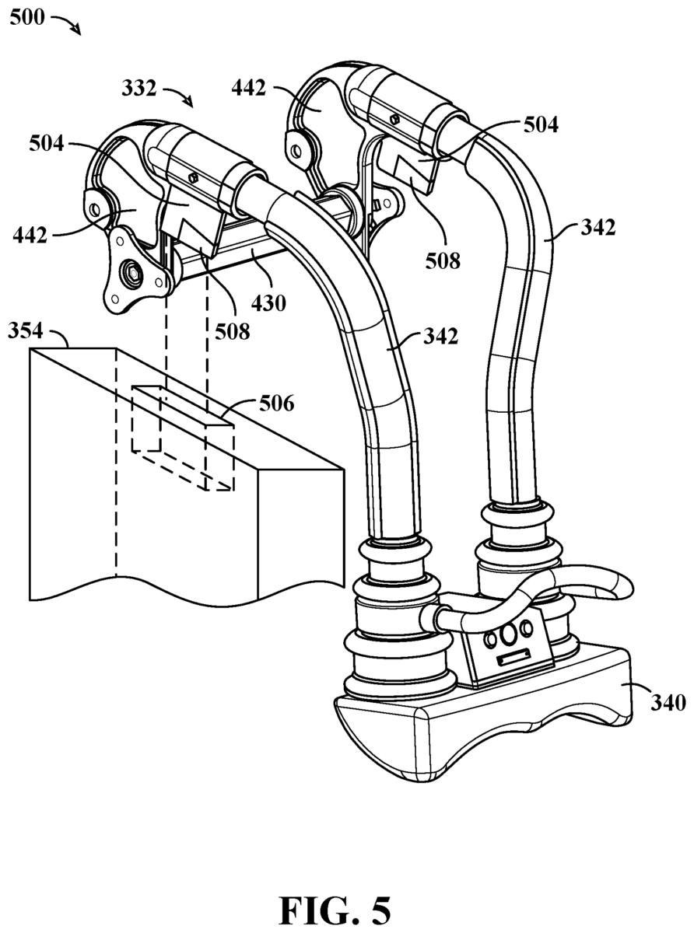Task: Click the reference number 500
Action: tap(26, 18)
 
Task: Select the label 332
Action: tap(139, 89)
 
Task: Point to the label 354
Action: tap(25, 331)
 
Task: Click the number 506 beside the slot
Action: tap(277, 404)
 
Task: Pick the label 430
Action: tap(268, 303)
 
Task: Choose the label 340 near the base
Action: tap(668, 703)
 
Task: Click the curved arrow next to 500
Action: tap(68, 23)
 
